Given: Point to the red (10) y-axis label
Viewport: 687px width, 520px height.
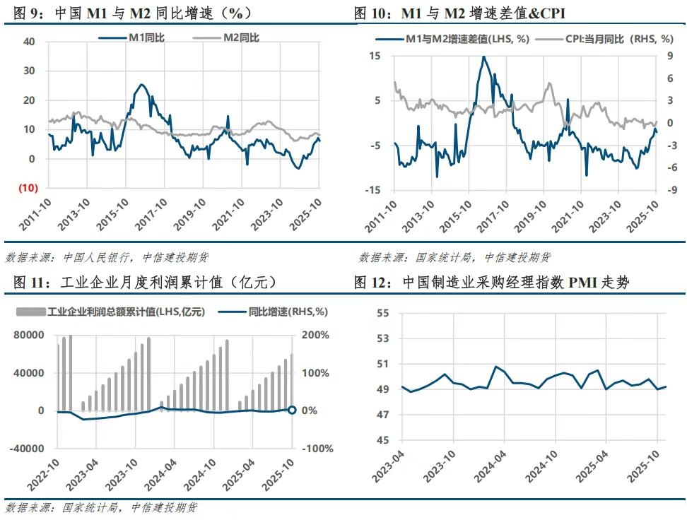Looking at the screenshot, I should click(x=28, y=188).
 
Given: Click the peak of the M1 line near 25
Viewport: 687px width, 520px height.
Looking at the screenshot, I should click(x=142, y=85).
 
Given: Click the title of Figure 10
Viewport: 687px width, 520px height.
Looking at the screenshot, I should click(x=459, y=13).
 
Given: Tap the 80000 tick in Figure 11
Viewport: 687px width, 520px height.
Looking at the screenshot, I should click(x=29, y=335).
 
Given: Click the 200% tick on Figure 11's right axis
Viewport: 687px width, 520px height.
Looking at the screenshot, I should click(x=315, y=335).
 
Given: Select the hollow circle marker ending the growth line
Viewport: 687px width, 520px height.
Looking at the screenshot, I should click(x=292, y=410).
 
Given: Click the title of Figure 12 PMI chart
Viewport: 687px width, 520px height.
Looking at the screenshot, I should click(x=492, y=283).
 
